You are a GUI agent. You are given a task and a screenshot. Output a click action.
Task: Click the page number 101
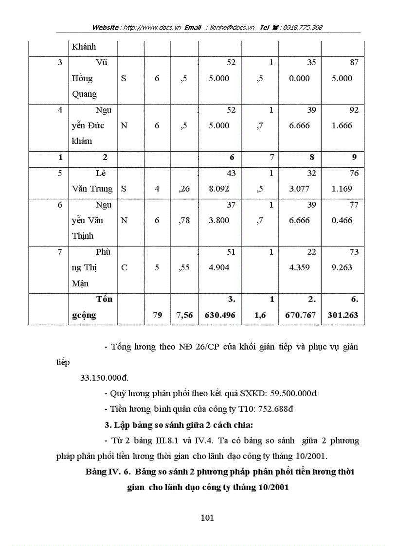point(207,518)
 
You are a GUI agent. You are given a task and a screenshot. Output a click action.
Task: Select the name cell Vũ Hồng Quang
point(91,78)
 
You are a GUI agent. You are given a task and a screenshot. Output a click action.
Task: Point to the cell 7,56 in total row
point(183,315)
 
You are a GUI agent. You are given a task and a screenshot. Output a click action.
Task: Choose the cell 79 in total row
point(157,315)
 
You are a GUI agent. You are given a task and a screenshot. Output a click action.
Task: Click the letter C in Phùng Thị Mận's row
point(124,267)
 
